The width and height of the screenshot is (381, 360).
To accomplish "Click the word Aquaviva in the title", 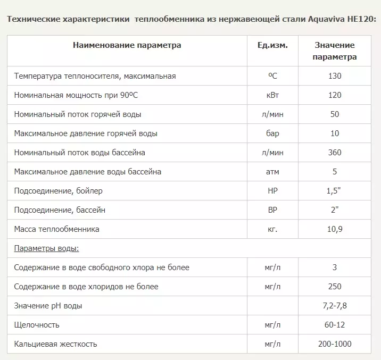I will [327, 19].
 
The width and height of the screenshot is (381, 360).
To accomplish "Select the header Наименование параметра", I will [127, 45].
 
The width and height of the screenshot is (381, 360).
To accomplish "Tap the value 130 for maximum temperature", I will [335, 76].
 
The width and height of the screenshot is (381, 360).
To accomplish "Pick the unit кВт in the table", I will [272, 95].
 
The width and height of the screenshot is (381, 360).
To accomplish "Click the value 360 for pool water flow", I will [335, 153].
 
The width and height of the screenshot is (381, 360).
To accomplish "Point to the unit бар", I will [272, 133].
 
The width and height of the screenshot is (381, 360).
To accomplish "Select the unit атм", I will [272, 172].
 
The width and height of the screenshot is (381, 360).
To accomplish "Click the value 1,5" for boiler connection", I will [335, 191].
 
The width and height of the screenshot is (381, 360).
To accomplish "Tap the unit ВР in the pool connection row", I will [272, 210].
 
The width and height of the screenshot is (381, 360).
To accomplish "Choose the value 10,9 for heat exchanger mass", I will [335, 229].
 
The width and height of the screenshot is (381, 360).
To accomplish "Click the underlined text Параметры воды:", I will [47, 248].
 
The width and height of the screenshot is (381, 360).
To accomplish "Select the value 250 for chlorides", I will [335, 287].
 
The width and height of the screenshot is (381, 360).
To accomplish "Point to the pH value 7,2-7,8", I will [335, 306].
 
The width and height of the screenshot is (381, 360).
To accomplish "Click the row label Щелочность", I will [37, 325].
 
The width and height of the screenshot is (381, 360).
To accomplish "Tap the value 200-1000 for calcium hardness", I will [335, 344].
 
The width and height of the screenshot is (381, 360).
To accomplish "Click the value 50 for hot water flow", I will [335, 114].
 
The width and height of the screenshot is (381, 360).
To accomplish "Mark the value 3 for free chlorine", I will [335, 267].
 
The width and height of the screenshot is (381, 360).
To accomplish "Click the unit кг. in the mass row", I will [272, 229].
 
